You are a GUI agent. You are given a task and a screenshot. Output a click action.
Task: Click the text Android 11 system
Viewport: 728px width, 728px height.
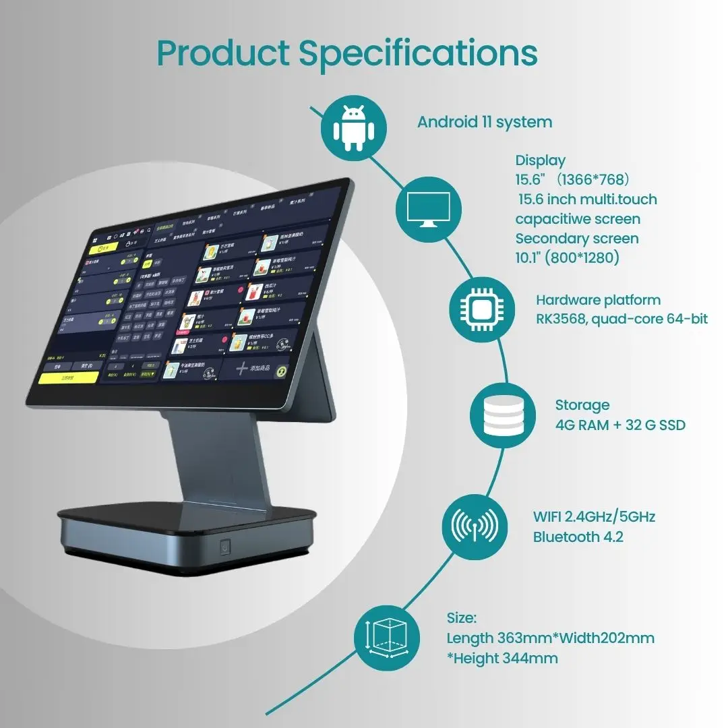click(x=485, y=122)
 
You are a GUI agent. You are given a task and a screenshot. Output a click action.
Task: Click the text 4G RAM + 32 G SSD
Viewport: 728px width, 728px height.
click(x=620, y=425)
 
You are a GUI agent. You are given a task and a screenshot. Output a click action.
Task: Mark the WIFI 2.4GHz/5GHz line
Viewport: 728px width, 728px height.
click(x=594, y=517)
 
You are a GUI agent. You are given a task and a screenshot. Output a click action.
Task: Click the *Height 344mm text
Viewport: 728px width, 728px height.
click(x=502, y=658)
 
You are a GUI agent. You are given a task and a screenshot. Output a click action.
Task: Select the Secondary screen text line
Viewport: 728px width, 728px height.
click(x=577, y=239)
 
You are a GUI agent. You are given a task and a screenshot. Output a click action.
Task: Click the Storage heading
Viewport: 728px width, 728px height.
click(x=582, y=405)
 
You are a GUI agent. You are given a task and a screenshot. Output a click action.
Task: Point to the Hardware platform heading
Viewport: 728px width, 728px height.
click(x=599, y=300)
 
